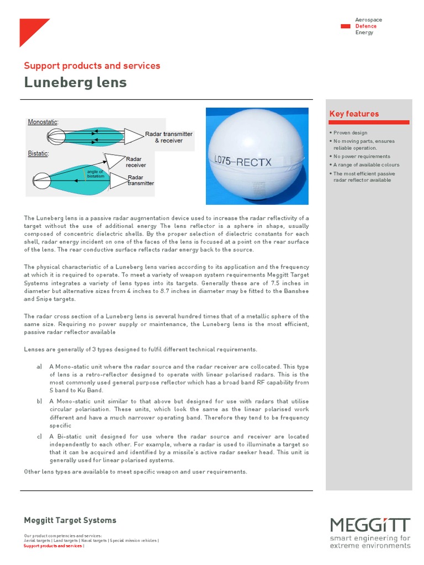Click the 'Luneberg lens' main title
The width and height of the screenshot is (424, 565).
pyautogui.click(x=75, y=83)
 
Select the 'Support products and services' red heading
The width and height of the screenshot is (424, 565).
pyautogui.click(x=92, y=66)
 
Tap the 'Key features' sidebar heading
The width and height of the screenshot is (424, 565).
pyautogui.click(x=354, y=114)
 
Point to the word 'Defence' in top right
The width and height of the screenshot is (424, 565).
pyautogui.click(x=365, y=26)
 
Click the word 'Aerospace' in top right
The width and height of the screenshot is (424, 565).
pyautogui.click(x=368, y=20)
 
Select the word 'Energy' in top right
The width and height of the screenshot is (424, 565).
pyautogui.click(x=364, y=33)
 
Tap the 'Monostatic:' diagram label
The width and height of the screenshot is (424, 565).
pyautogui.click(x=43, y=122)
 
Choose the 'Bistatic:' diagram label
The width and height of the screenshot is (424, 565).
pyautogui.click(x=38, y=153)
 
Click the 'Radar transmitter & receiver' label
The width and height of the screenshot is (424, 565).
pyautogui.click(x=168, y=137)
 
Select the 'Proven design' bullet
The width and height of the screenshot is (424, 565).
pyautogui.click(x=350, y=133)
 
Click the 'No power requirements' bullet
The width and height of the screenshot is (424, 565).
pyautogui.click(x=362, y=157)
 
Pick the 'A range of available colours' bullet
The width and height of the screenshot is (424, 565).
pyautogui.click(x=366, y=165)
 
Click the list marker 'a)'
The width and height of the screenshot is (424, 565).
pyautogui.click(x=39, y=366)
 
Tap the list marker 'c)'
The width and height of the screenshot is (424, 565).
pyautogui.click(x=39, y=437)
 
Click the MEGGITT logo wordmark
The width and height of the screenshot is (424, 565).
pyautogui.click(x=370, y=525)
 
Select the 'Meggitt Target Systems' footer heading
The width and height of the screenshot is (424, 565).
pyautogui.click(x=70, y=520)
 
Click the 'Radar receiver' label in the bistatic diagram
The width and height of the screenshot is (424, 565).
pyautogui.click(x=136, y=162)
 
